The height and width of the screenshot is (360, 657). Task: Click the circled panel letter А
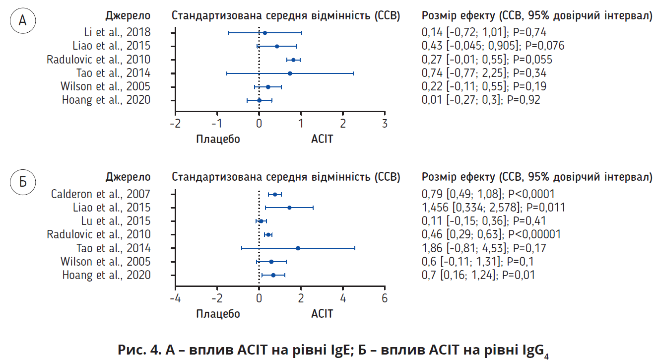coord(22,21)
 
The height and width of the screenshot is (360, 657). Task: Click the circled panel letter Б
coord(22,182)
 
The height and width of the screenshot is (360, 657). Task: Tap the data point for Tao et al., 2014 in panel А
coord(290,73)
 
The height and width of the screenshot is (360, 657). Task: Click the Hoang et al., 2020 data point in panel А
coord(259,100)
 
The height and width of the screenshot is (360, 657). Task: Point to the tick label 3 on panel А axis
coord(384,123)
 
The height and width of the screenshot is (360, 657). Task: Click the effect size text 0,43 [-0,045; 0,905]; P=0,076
coord(492,46)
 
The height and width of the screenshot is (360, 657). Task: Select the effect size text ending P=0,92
coord(480,100)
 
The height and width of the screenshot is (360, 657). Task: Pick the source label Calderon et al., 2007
coord(101,194)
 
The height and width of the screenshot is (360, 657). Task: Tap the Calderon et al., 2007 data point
coord(275,194)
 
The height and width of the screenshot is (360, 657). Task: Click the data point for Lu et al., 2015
coord(261,221)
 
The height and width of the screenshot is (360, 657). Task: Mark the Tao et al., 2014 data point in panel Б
coord(298,248)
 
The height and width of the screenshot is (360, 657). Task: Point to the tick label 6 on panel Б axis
coord(384,298)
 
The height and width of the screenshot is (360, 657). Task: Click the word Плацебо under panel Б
coord(218,314)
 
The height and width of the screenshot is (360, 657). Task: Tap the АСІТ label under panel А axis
coord(322,139)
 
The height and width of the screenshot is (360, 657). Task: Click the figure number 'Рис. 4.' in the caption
coord(136,349)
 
